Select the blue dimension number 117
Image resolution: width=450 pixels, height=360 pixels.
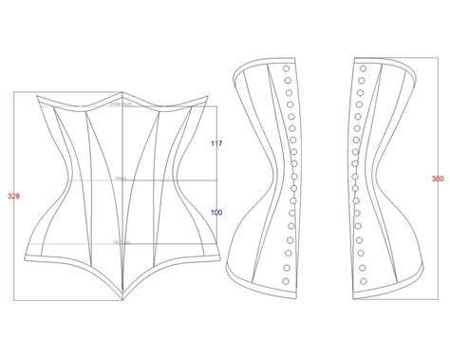[x=216, y=143]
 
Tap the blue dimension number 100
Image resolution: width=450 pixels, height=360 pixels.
[x=216, y=212]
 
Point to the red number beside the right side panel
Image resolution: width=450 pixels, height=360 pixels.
[x=438, y=178]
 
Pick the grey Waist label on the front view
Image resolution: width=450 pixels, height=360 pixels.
[x=122, y=178]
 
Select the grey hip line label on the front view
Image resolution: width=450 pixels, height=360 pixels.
[x=122, y=242]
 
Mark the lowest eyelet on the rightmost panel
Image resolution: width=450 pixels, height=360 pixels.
[x=362, y=278]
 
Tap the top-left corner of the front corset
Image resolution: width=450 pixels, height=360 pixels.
[x=36, y=96]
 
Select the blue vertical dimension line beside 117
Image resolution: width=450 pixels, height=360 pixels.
[x=225, y=142]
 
